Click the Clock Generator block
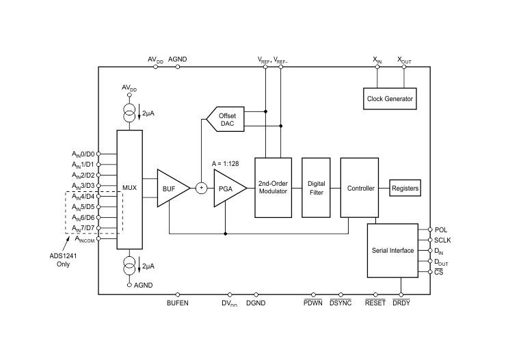[x=390, y=99]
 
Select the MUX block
[x=129, y=188]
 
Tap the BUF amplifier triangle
[x=170, y=188]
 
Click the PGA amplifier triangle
[x=226, y=188]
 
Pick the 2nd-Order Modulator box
[x=273, y=188]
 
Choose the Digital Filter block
[x=316, y=188]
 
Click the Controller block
[x=360, y=188]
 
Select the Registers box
[x=405, y=188]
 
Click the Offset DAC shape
[x=226, y=120]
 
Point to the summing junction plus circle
[x=201, y=188]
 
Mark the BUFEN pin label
[x=177, y=303]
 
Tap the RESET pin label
[x=375, y=303]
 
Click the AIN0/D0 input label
[x=83, y=154]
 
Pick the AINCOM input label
[x=83, y=239]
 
